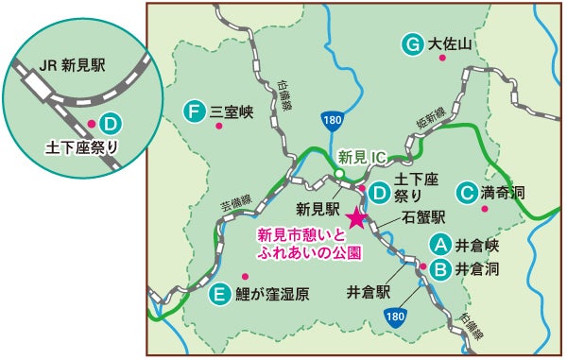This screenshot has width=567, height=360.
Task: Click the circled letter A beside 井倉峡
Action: point(438,245)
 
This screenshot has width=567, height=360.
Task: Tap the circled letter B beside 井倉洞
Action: point(438,268)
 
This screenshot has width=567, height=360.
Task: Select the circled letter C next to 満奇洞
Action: point(465,193)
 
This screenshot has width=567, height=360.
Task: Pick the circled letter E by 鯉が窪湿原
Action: point(218,294)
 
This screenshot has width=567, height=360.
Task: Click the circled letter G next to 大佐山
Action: point(411,43)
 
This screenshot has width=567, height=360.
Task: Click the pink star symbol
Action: point(355,218)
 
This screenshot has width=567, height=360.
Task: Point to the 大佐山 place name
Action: point(450,43)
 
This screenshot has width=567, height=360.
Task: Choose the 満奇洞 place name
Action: point(503,193)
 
